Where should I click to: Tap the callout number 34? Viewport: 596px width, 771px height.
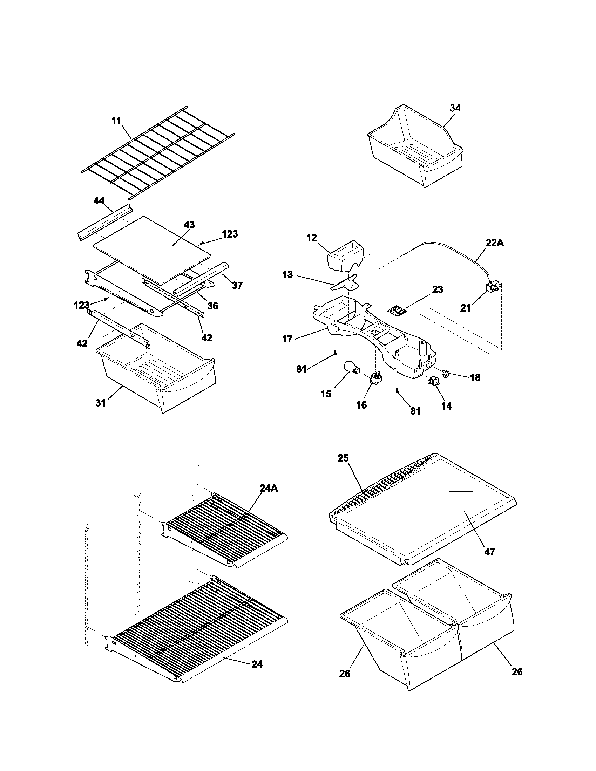(455, 108)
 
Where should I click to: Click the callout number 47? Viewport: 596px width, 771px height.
(490, 551)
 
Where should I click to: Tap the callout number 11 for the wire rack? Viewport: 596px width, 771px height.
(116, 121)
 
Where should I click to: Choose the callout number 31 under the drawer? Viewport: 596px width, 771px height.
(101, 402)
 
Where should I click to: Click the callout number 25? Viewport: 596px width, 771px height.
(343, 458)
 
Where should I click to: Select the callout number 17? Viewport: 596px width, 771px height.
(287, 339)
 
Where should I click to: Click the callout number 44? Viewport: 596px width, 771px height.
(99, 200)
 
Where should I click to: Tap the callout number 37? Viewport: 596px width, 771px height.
(237, 285)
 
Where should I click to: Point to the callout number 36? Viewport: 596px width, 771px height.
(212, 306)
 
